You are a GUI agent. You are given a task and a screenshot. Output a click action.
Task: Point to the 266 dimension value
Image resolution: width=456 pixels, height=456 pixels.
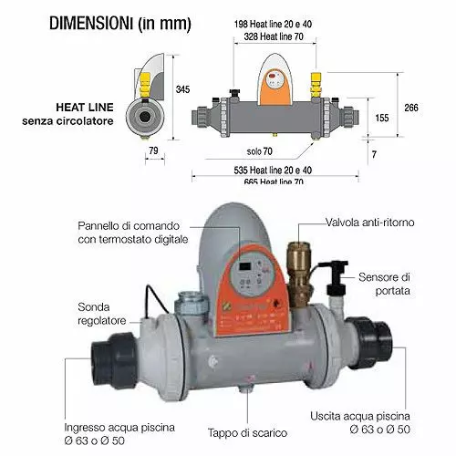pyautogui.click(x=411, y=107)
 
